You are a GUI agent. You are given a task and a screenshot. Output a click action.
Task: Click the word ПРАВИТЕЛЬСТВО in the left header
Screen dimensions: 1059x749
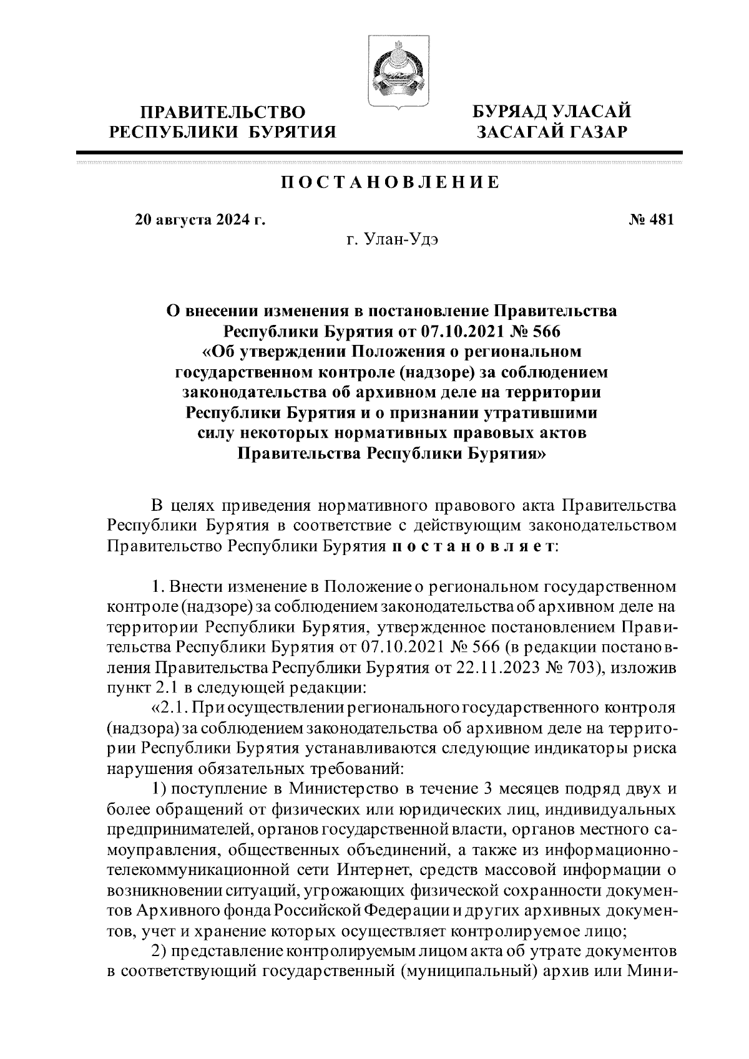[x=223, y=112]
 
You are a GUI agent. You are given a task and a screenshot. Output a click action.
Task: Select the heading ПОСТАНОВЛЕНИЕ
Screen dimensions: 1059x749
[x=389, y=182]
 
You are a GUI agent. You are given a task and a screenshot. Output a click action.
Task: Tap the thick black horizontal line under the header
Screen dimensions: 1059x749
[x=379, y=152]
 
